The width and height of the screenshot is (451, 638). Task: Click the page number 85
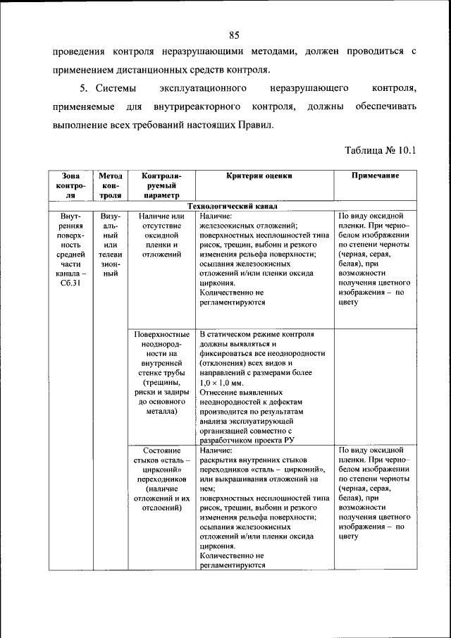235,35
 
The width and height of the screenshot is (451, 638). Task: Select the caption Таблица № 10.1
381,150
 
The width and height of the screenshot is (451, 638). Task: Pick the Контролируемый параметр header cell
162,185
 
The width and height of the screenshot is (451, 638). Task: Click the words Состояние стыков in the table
162,455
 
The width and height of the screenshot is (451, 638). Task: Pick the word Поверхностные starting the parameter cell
162,333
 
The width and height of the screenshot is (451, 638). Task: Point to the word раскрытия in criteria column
222,459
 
